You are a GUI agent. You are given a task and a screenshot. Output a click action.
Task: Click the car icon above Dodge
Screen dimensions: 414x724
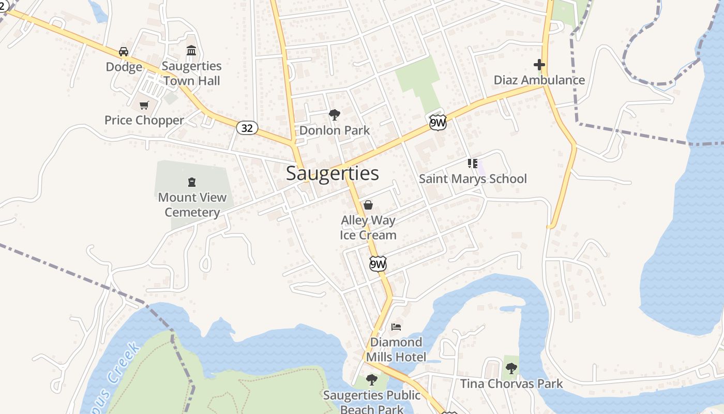124,51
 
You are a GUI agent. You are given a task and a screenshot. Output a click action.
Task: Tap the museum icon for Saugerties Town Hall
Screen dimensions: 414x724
191,51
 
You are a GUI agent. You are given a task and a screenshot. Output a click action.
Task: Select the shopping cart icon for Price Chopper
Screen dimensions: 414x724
144,105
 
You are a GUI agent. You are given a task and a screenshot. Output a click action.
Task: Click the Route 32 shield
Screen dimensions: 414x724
247,128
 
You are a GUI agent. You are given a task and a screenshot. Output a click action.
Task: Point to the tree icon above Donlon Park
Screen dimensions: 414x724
335,114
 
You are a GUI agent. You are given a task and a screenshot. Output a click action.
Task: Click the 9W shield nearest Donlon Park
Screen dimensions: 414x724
438,123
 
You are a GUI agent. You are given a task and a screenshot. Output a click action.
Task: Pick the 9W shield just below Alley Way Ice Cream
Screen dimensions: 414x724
378,264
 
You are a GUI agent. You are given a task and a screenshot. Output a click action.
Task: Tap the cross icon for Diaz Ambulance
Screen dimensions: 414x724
539,65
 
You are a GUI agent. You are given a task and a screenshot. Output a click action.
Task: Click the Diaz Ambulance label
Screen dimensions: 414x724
539,80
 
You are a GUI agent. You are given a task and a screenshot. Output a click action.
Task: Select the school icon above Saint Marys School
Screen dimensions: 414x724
472,164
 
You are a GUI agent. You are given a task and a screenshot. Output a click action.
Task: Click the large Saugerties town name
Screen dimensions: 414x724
332,173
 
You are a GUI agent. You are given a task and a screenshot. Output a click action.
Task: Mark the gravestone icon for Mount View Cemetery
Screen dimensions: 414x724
192,182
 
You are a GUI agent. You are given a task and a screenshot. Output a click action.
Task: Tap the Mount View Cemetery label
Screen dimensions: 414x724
192,205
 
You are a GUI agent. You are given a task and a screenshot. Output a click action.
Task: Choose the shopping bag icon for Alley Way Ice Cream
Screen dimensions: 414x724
368,205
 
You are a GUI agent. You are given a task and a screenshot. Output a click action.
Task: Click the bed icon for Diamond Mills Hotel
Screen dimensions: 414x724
396,327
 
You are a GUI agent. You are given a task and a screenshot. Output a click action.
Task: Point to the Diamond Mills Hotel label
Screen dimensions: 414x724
396,349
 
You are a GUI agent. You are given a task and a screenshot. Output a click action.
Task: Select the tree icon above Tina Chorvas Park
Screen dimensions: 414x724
511,368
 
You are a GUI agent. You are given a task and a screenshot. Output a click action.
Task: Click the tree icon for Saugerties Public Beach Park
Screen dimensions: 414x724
371,380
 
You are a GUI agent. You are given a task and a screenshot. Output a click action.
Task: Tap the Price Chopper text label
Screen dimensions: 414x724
144,120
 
